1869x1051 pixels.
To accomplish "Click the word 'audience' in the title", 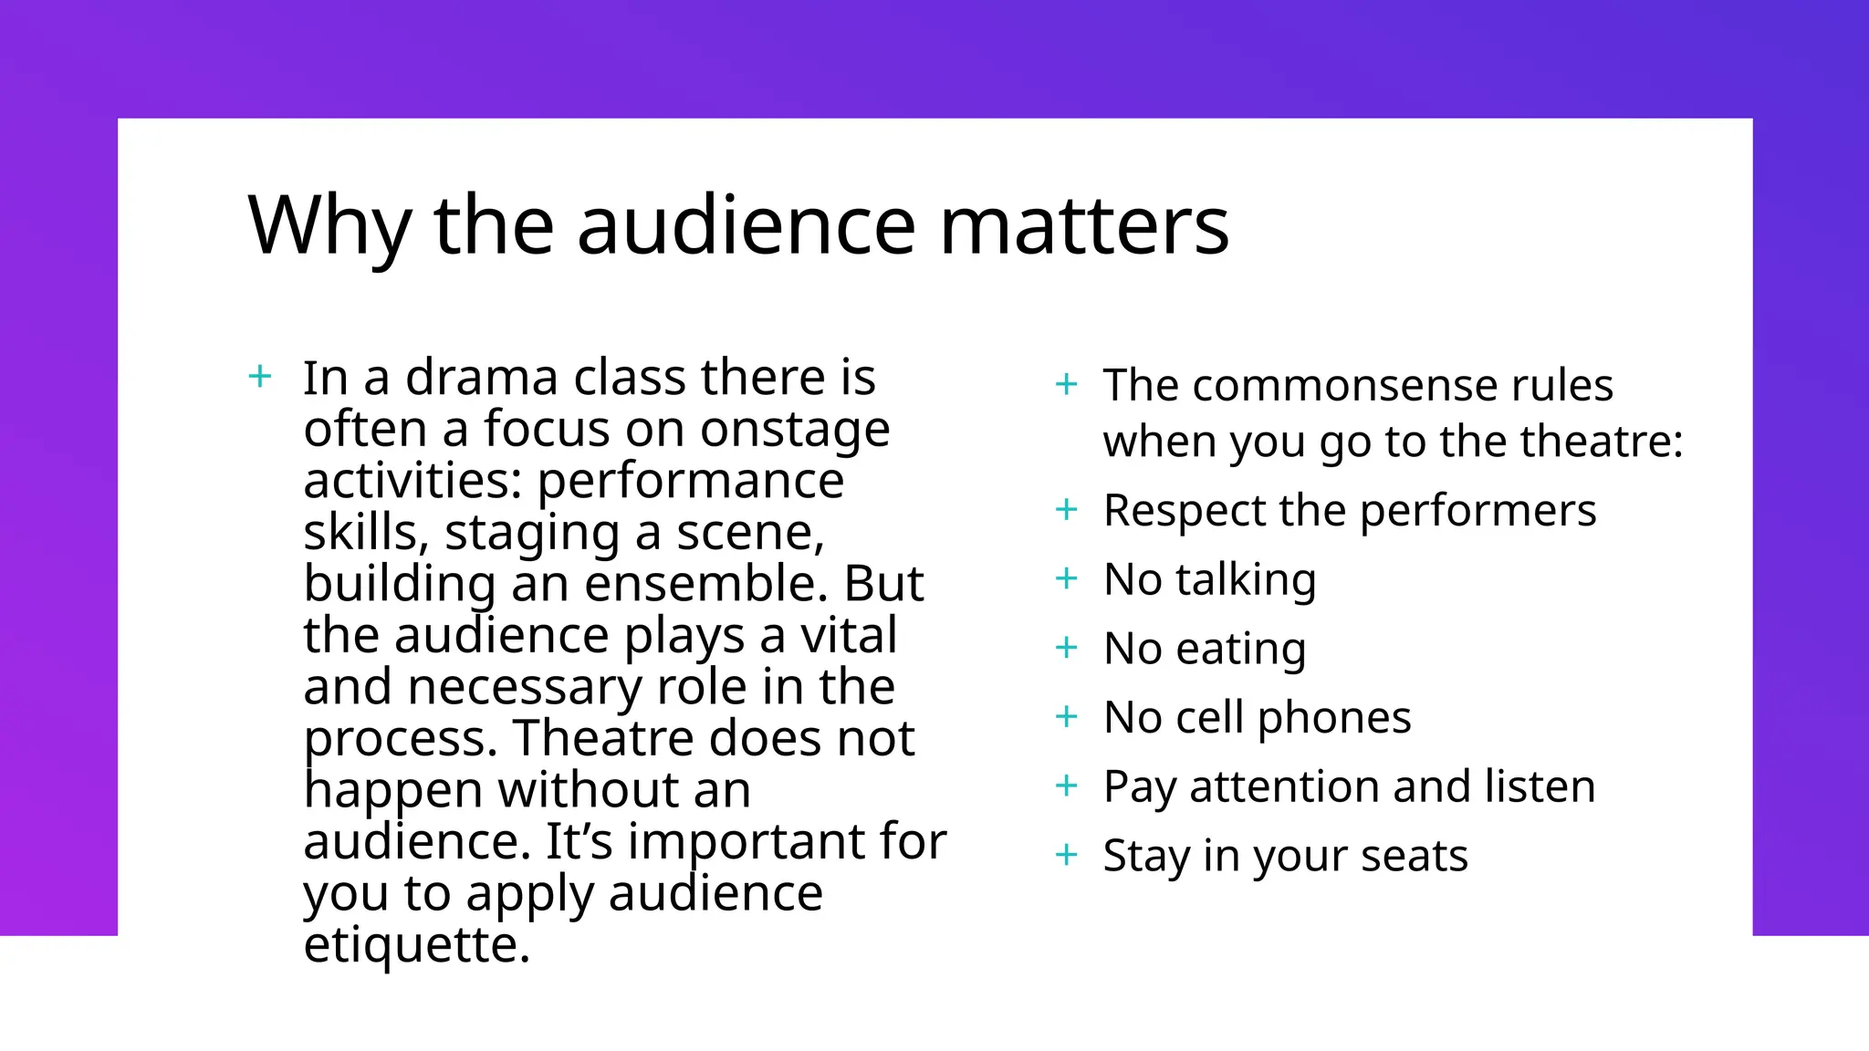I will [746, 225].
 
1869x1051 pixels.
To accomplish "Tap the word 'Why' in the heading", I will [329, 225].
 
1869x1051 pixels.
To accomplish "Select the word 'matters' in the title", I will [1084, 225].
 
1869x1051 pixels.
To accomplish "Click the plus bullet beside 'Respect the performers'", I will [1066, 509].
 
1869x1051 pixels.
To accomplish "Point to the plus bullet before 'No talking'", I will [1066, 578].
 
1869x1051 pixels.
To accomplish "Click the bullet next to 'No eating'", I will [1066, 648].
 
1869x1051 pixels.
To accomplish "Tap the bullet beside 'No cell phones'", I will [1066, 717].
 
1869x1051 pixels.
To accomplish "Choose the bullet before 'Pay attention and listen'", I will [1066, 786].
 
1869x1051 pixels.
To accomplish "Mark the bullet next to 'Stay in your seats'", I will [1066, 855].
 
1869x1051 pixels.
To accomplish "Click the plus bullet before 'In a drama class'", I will [260, 376].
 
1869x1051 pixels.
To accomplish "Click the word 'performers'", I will [1477, 510].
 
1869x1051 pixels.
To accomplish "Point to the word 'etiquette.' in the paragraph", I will [416, 944].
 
